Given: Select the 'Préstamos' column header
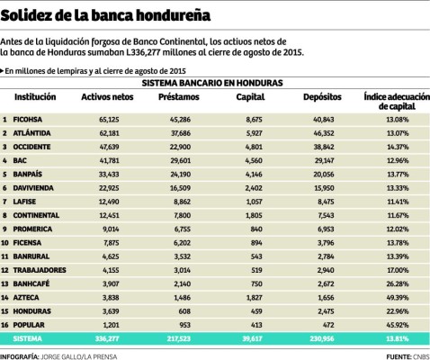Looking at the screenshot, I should pos(173,95).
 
